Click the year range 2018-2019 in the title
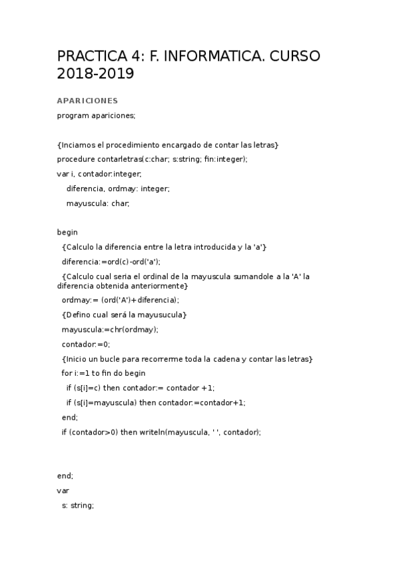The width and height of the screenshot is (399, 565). (x=95, y=74)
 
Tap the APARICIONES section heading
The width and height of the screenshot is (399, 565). (x=87, y=101)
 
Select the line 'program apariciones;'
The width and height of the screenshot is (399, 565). (x=96, y=115)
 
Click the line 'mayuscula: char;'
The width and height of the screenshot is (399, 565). (x=98, y=203)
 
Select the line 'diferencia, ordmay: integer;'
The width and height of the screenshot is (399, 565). (x=118, y=189)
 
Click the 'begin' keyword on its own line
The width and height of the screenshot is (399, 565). (x=67, y=233)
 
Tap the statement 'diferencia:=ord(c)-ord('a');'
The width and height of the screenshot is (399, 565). (x=111, y=262)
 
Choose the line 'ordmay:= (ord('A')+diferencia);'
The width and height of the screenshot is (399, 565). (x=120, y=300)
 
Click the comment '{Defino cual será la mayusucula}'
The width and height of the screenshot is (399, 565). (x=124, y=314)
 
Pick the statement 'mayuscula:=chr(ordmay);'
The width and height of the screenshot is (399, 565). (x=110, y=329)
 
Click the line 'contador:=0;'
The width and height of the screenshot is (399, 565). (x=86, y=344)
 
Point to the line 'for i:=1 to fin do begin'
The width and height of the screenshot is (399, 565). (x=103, y=373)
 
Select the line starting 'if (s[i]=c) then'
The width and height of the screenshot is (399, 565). (x=140, y=388)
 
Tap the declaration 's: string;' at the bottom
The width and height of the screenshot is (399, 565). (x=78, y=505)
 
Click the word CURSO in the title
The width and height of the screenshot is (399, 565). (x=293, y=55)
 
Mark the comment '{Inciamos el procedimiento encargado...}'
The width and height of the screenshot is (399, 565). (x=168, y=145)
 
